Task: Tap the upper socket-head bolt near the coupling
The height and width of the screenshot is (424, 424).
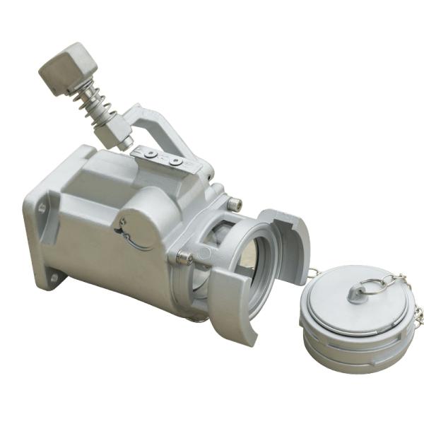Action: click(234, 205)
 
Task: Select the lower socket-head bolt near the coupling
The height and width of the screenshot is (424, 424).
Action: click(186, 258)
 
